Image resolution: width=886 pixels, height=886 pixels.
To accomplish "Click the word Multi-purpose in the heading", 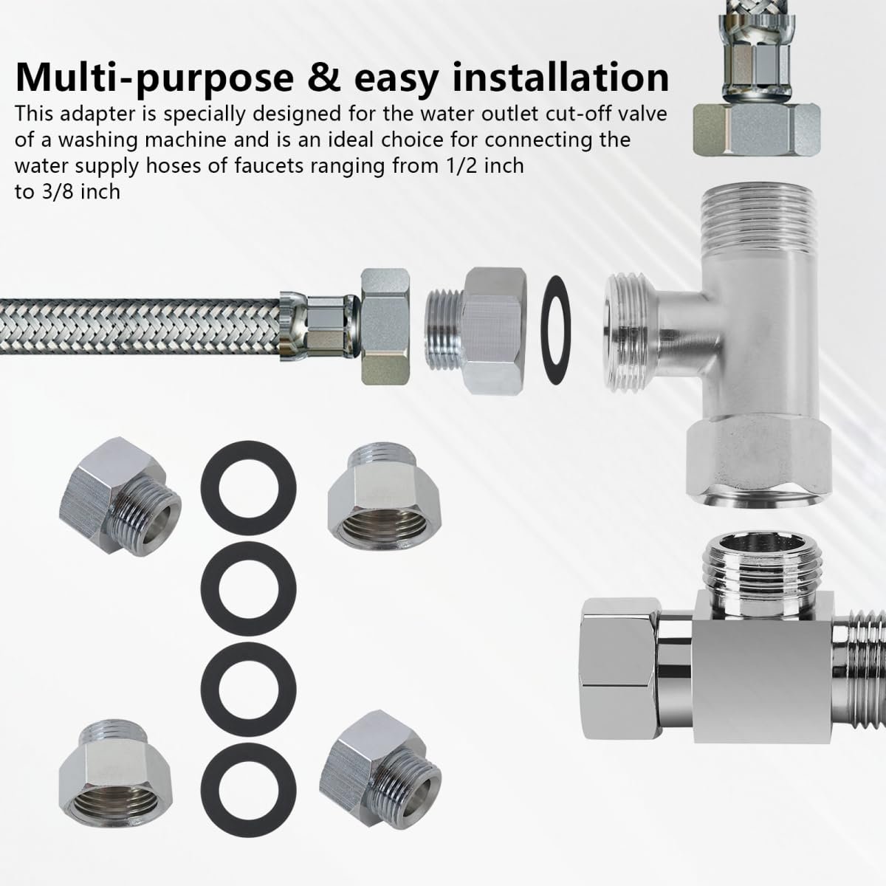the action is [154, 78].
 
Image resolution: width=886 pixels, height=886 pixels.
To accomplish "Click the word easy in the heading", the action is [396, 81].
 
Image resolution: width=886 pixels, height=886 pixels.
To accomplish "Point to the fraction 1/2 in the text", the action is [441, 165].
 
